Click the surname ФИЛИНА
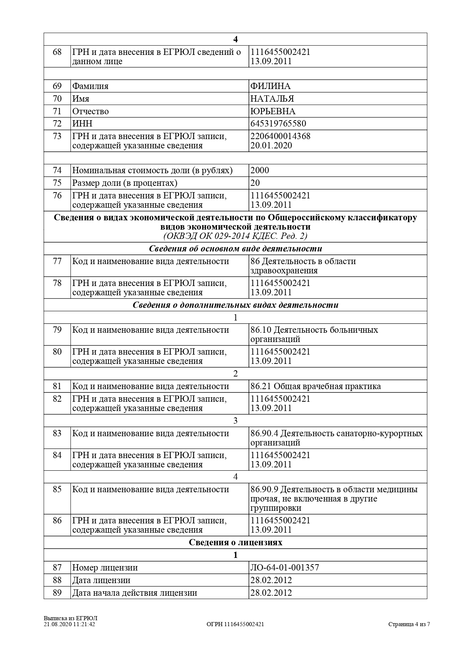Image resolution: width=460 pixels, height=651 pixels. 270,86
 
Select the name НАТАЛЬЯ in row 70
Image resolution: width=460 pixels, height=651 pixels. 272,99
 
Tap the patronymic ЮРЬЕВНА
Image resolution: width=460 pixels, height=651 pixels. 273,111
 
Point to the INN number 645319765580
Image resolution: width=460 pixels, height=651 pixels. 278,124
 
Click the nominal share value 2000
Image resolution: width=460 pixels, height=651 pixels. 260,171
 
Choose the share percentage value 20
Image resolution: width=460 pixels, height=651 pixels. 255,183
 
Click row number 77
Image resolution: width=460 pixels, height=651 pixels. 57,261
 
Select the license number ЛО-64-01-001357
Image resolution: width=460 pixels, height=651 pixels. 285,568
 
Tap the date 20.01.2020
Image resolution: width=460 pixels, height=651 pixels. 271,145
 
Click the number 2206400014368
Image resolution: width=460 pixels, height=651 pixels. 280,136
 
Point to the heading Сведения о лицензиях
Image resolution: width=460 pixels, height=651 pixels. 235,543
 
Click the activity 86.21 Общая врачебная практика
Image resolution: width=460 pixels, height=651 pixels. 316,387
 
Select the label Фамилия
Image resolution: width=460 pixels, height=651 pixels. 90,86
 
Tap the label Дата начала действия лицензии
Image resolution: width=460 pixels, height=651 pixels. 134,593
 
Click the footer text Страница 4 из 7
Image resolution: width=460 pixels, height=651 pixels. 409,624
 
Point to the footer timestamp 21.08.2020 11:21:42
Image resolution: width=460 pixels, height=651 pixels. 69,624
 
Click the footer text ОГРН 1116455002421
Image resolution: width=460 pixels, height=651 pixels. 235,624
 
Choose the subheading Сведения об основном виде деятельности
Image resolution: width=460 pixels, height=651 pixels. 235,249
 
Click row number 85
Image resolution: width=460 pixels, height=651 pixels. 57,490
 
